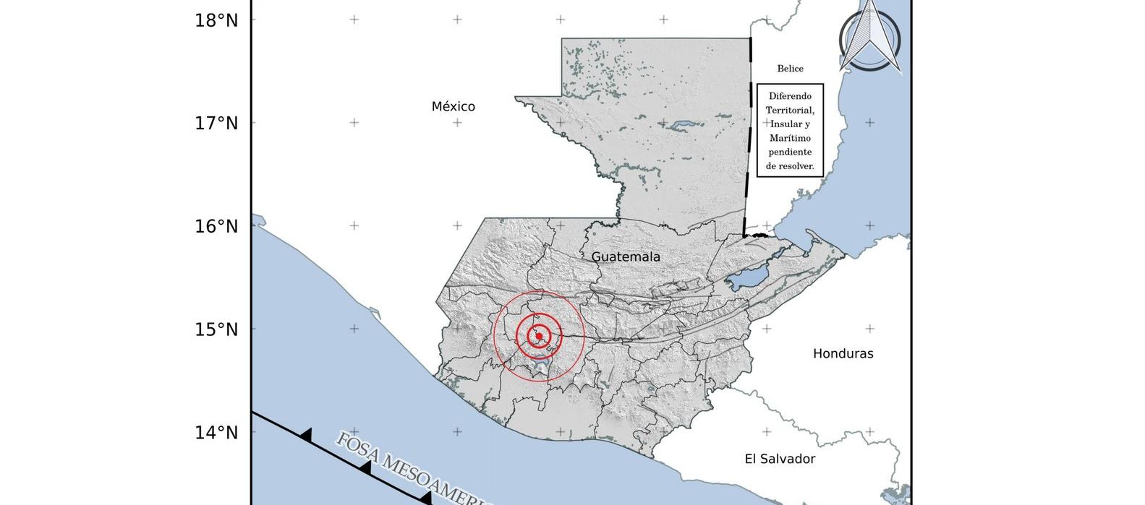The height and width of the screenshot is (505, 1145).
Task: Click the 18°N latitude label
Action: point(216,20)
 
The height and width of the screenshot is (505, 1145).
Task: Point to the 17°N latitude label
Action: point(216,124)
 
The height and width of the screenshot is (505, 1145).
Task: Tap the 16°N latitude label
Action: point(216,227)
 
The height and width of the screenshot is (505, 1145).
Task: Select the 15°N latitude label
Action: point(216,330)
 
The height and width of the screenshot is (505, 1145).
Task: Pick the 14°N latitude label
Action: point(216,433)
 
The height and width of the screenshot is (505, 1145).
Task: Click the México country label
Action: point(454,107)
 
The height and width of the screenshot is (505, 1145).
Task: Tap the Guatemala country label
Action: point(626,257)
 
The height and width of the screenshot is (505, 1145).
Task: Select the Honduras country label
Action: point(843,354)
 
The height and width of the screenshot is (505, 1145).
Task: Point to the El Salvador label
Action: point(780,459)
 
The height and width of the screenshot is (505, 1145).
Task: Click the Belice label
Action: point(790,69)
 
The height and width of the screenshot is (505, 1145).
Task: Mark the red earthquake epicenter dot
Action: point(539,336)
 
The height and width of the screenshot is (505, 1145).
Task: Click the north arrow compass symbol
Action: point(870,38)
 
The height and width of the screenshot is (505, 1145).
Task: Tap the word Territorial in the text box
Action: point(790,110)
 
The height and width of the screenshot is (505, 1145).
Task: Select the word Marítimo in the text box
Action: point(790,138)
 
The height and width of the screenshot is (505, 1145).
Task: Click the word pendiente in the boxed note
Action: point(790,152)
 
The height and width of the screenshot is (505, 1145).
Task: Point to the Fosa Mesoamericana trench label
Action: point(412,470)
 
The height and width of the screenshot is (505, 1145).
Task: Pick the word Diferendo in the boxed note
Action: point(790,96)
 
